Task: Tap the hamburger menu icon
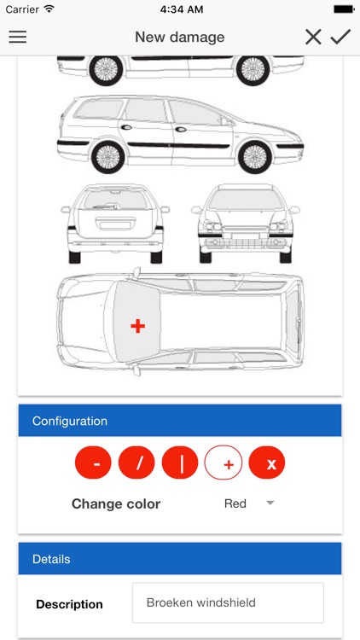pos(17,37)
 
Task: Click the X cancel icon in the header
pos(313,37)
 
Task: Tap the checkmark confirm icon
pos(340,37)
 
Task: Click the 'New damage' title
pos(180,37)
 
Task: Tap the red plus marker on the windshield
pos(137,325)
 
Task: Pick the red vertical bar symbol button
pos(180,463)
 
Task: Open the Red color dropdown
pos(248,503)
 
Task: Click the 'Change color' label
pos(116,503)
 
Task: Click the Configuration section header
pos(180,421)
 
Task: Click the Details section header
pos(180,559)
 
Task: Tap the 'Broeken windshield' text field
pos(228,602)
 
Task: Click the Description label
pos(69,604)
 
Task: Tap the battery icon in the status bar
pos(343,9)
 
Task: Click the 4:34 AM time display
pos(180,9)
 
